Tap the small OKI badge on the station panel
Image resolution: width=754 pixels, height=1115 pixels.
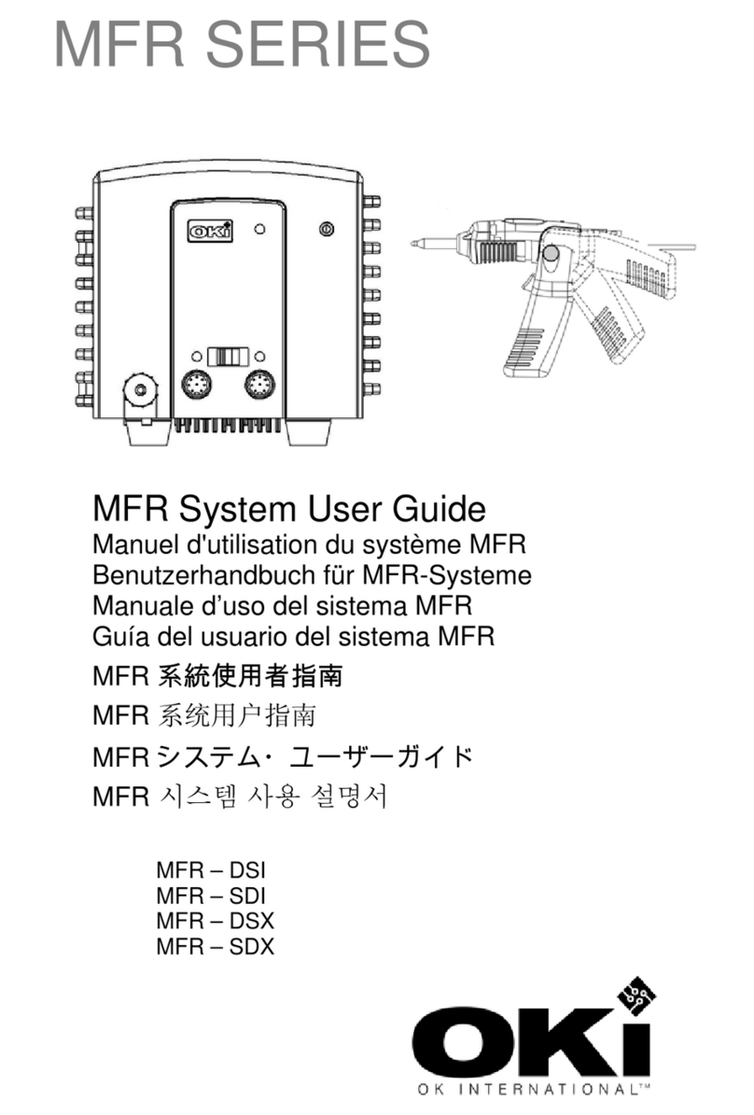211,229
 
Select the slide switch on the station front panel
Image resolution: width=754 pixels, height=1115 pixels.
228,357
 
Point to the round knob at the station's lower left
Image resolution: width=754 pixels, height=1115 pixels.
142,388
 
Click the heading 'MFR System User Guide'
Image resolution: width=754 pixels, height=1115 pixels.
288,510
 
